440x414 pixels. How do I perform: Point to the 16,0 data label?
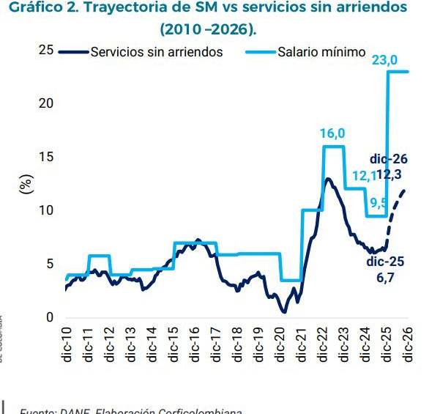pos(332,133)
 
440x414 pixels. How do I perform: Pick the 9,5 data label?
pos(379,203)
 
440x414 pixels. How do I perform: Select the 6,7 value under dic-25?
pos(386,278)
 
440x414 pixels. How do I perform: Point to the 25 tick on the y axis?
pos(47,50)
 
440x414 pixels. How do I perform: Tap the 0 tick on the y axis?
pos(51,318)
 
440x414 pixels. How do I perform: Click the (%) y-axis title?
pos(26,184)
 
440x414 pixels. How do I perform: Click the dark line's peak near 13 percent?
pos(328,179)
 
